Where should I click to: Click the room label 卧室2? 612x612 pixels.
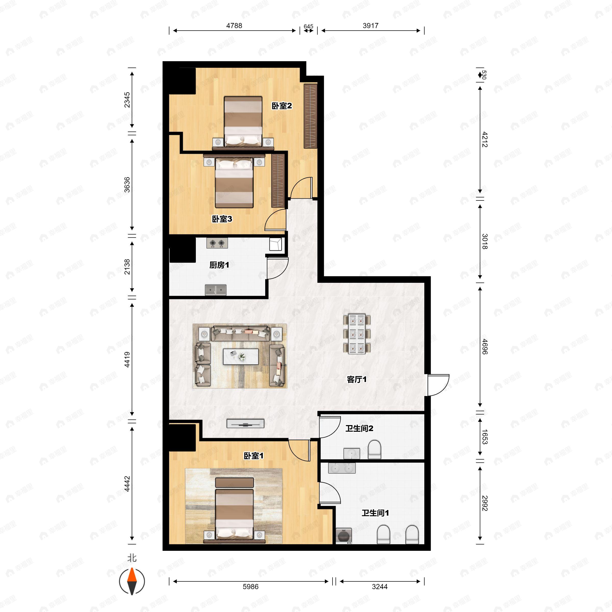tap(282, 106)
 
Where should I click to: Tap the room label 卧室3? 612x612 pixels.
tap(222, 219)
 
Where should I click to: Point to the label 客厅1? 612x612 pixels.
tap(357, 379)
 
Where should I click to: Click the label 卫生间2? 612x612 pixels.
tap(359, 428)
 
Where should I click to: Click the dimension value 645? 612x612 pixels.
tap(308, 26)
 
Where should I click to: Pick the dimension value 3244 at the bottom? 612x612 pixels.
tap(379, 587)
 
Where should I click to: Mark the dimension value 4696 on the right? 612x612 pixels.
tap(485, 347)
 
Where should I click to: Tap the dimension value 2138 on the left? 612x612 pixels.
tap(127, 267)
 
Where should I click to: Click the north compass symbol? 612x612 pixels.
tap(132, 581)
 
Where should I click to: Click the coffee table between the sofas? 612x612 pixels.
tap(241, 357)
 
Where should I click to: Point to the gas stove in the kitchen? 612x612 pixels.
tap(217, 243)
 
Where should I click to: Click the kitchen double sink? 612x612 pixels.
tap(215, 290)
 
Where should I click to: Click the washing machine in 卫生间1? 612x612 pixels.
tap(344, 536)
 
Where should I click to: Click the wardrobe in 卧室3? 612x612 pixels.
tap(278, 181)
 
